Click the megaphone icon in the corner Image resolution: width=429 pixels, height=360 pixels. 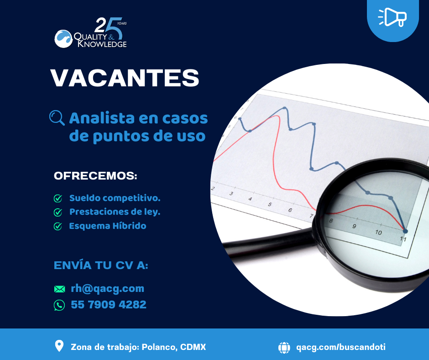tap(392, 17)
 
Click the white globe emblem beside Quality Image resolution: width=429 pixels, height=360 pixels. tap(63, 39)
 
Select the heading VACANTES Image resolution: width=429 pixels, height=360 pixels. tap(125, 78)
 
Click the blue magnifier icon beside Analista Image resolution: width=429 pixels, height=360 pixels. tap(57, 118)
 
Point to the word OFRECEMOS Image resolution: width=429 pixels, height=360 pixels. tap(95, 175)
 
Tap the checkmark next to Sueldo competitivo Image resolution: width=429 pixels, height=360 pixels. tap(58, 198)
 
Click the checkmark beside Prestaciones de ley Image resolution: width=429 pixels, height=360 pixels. tap(58, 212)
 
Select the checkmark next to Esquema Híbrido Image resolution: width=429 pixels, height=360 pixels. tap(58, 226)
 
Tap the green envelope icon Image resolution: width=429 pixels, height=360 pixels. tap(60, 289)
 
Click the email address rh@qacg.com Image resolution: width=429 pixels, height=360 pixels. tap(108, 288)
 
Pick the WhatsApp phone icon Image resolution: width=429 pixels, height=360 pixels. tap(59, 305)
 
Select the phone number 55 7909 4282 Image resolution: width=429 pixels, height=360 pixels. tap(109, 305)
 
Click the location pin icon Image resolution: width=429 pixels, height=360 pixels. tap(59, 346)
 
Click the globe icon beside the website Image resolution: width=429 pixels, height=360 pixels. tap(284, 347)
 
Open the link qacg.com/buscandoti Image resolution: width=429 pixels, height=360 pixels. tap(341, 347)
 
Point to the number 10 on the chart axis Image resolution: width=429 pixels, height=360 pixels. tap(378, 233)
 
